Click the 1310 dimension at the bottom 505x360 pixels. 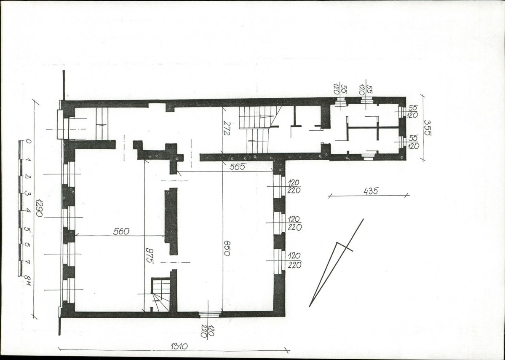point(179,347)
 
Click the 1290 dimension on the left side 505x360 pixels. point(39,207)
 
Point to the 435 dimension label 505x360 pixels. point(370,191)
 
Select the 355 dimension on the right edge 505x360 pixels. point(427,128)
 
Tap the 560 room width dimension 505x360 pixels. point(121,231)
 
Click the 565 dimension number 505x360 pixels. point(238,167)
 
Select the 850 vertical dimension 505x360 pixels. point(227,248)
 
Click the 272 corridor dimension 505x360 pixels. point(227,128)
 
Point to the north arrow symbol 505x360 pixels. point(337,263)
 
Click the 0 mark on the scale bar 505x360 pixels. point(28,141)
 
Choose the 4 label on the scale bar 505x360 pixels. point(28,210)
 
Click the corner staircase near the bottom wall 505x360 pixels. point(160,295)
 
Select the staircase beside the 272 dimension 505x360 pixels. point(259,129)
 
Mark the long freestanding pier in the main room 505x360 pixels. point(171,221)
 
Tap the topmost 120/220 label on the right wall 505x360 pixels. point(294,187)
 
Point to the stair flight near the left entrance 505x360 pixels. point(102,124)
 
